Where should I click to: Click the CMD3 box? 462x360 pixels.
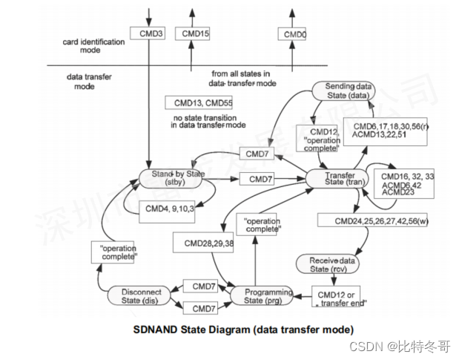tap(146, 34)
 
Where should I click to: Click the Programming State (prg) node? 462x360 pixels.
tap(263, 296)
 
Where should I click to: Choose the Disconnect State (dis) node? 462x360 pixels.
tap(140, 296)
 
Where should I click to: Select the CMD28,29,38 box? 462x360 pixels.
tap(202, 243)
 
